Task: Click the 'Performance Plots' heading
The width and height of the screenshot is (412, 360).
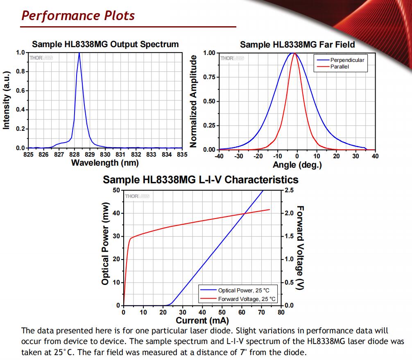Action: coord(78,16)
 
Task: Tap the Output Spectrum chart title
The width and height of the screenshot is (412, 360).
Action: coord(105,44)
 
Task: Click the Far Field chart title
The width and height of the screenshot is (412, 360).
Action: coord(297,44)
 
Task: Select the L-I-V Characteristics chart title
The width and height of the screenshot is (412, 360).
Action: coord(200,180)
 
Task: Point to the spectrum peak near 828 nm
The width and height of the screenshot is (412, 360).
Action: coord(79,54)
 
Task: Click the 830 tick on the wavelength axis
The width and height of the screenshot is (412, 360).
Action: coord(105,155)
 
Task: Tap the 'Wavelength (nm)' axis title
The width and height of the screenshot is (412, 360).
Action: coord(105,163)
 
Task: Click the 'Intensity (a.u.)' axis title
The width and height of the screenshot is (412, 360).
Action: coord(6,100)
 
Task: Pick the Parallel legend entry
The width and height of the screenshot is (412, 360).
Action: coord(340,66)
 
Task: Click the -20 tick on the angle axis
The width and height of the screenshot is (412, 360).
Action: coord(258,156)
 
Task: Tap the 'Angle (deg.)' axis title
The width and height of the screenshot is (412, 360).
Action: coord(297,165)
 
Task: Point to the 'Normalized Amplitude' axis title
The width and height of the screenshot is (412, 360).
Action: coord(194,100)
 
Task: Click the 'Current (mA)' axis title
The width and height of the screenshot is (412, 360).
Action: coord(202,320)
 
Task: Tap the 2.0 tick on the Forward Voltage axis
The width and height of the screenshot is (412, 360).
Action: coord(289,213)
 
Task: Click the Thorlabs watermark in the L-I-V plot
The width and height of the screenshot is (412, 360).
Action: coord(137,196)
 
